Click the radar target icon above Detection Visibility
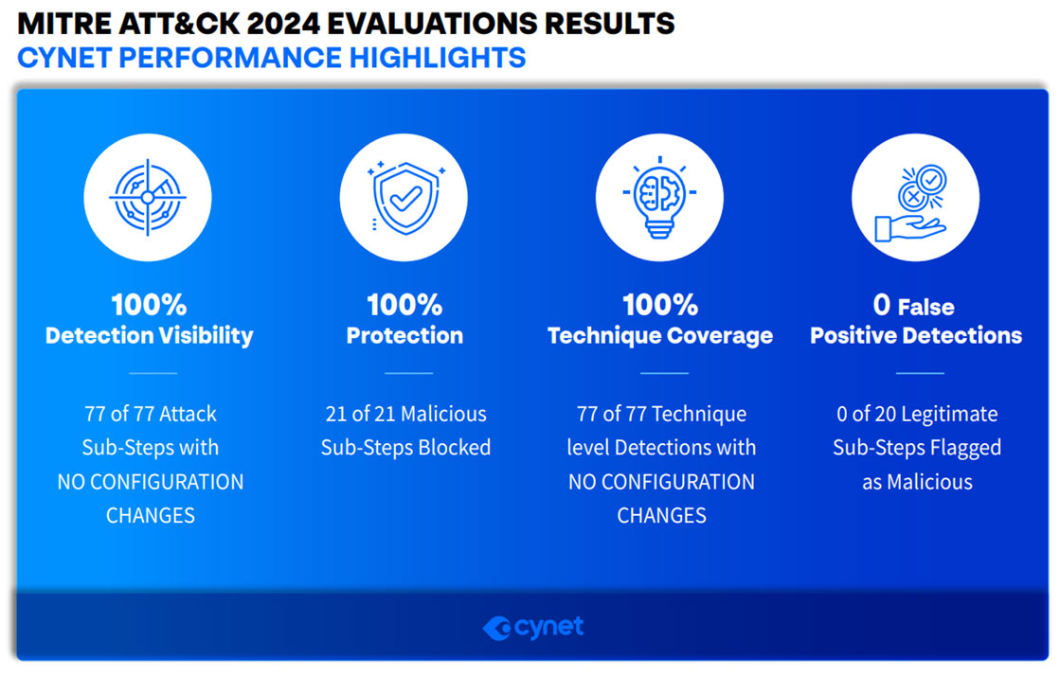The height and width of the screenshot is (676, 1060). (148, 197)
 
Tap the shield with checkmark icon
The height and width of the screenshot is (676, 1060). (404, 197)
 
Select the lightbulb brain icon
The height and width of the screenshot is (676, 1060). (660, 197)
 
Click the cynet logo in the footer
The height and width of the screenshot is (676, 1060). (533, 628)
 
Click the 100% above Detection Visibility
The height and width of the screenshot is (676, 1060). (149, 305)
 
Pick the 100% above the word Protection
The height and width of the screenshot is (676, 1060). (404, 305)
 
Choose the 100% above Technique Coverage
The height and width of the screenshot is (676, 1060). (660, 305)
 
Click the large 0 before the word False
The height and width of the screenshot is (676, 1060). (882, 305)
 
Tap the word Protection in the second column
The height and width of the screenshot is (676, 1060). (404, 335)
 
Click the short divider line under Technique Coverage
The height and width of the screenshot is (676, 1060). (664, 373)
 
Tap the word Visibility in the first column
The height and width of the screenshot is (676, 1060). (207, 335)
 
